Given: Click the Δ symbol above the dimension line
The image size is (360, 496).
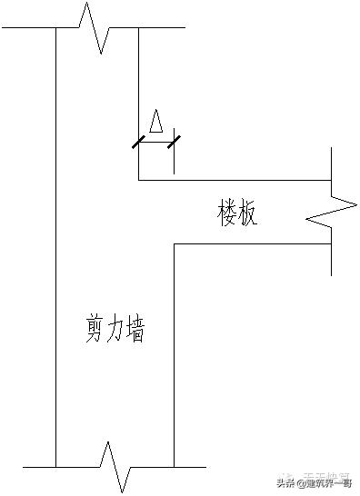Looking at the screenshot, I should (156, 122).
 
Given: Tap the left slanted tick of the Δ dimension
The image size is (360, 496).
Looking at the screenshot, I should (138, 142).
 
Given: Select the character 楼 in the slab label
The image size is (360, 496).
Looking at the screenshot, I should (228, 214).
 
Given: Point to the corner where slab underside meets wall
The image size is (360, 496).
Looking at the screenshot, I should (174, 243).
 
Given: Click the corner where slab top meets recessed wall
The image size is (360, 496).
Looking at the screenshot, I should (138, 180).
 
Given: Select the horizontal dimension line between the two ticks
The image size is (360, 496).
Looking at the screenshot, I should (156, 142).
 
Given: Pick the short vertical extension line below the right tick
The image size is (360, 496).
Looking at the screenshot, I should (174, 161).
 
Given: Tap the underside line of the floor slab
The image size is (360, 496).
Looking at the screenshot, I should (255, 243).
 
